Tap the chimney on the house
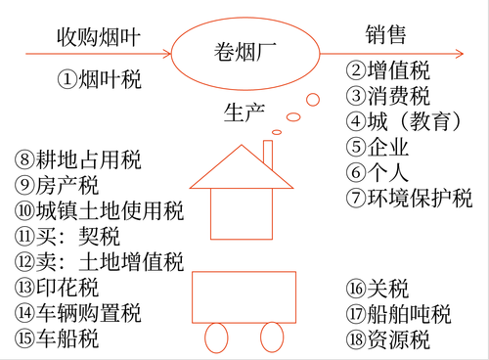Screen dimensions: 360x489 (x=267, y=155)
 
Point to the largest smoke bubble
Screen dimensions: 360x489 (x=312, y=99)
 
